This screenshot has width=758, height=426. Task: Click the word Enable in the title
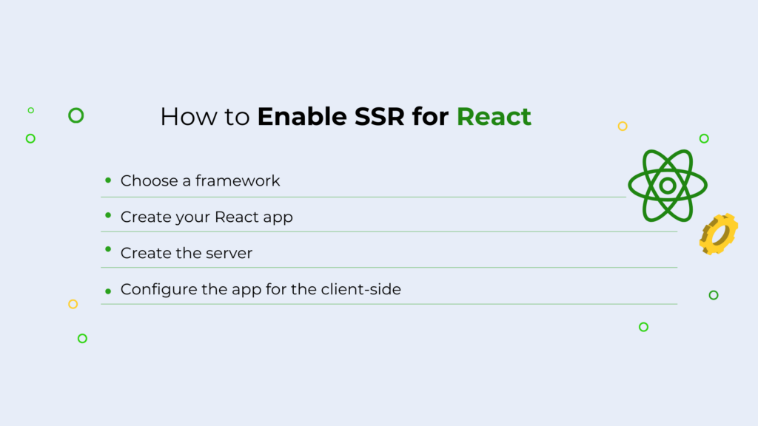click(x=302, y=116)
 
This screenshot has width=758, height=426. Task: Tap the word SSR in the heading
click(x=380, y=116)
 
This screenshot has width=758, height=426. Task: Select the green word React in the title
click(x=494, y=116)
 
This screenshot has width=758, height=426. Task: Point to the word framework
click(x=238, y=180)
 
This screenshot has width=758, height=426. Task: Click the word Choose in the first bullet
click(x=149, y=180)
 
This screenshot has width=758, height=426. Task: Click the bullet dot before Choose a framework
click(x=108, y=180)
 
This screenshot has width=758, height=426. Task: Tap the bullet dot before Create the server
click(x=108, y=249)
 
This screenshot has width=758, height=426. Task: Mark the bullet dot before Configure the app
click(x=108, y=291)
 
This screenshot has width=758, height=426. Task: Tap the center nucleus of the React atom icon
click(x=668, y=186)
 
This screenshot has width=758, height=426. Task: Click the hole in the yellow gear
click(x=720, y=234)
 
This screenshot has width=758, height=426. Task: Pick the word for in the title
click(x=430, y=116)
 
